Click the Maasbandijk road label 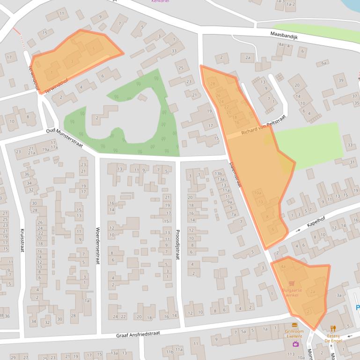pos(287,35)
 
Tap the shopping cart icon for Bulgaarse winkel pos(292,283)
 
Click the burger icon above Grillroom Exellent pos(294,324)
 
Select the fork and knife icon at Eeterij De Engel pos(333,328)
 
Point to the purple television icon pos(295,344)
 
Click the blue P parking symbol pos(357,308)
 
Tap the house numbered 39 pos(340,80)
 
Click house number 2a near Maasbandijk pos(247,58)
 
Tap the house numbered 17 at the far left pos(8,58)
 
